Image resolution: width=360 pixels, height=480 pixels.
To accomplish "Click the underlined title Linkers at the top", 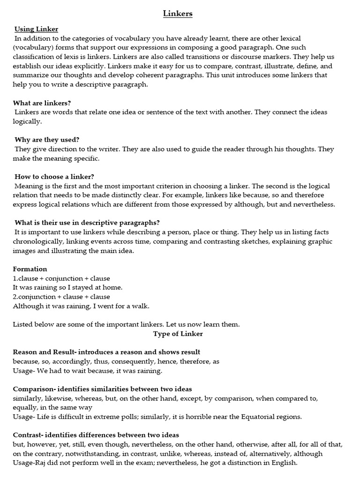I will pos(178,14).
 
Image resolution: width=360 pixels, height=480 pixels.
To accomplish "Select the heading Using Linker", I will pos(36,29).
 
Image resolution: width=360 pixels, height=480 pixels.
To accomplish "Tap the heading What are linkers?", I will pos(43,103).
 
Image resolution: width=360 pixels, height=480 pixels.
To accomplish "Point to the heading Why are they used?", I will pos(47,140).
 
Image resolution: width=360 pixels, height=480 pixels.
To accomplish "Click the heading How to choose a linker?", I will pos(54,176).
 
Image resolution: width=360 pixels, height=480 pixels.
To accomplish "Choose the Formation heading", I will pos(30,269).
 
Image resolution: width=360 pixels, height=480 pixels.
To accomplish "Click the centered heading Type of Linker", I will pos(178,334).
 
